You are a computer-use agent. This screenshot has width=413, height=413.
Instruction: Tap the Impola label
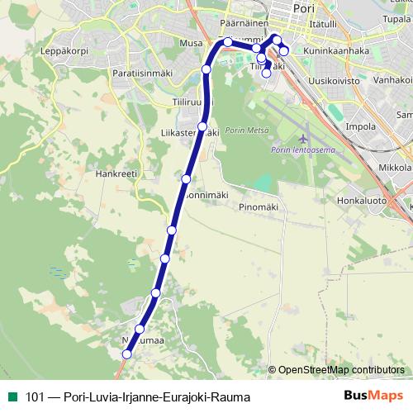click(x=360, y=126)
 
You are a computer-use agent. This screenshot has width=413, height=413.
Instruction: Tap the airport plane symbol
click(x=305, y=137)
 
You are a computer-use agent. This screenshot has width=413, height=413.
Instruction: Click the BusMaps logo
click(x=373, y=396)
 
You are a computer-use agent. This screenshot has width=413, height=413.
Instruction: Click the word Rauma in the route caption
click(x=230, y=397)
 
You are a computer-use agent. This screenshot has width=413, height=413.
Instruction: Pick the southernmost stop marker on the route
click(x=126, y=354)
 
